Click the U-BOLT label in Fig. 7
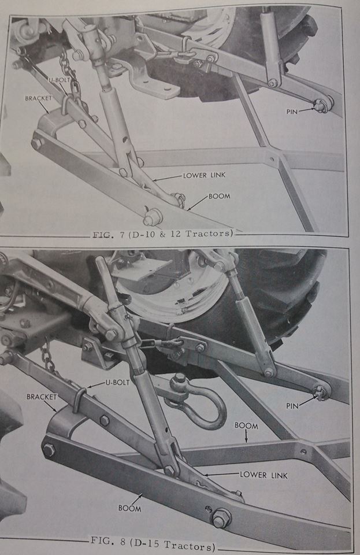59,80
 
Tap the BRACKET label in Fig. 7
39,98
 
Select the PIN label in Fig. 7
292,112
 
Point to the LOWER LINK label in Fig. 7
204,175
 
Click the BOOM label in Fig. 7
219,196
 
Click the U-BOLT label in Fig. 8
118,383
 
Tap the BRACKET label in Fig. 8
42,397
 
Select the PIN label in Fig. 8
292,406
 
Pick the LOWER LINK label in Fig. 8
264,475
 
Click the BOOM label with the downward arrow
247,426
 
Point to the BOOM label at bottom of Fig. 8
129,509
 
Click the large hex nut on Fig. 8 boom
221,518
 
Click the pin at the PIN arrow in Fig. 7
322,105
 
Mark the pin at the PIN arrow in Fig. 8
321,393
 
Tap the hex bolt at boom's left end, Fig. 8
49,450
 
